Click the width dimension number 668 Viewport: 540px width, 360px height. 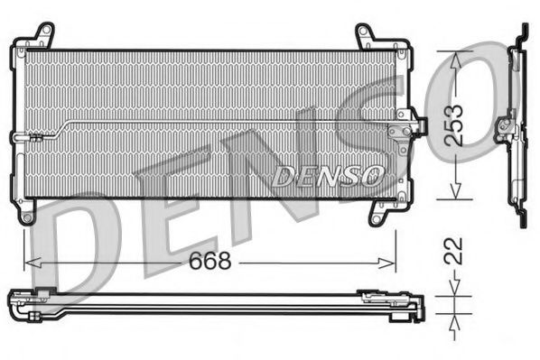(211, 261)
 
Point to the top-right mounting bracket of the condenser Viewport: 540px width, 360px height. (368, 36)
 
